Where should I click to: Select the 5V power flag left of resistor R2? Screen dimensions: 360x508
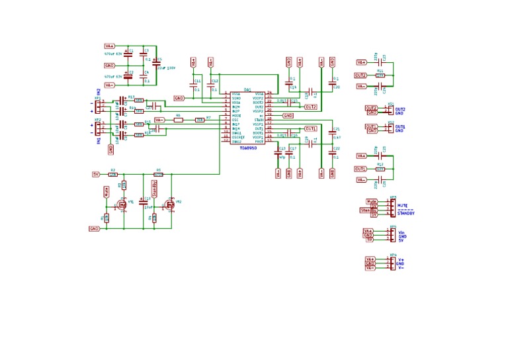[96, 174]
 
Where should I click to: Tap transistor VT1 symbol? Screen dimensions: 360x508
[121, 206]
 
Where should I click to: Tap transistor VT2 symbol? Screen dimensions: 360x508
[170, 205]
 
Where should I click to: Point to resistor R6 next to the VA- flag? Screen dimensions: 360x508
[178, 120]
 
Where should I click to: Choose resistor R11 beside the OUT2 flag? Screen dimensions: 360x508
[380, 75]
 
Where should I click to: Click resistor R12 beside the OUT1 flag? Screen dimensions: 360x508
[380, 169]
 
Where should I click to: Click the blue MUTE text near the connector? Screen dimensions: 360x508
[402, 206]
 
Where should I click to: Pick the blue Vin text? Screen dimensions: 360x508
[402, 232]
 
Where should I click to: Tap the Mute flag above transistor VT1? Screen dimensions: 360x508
[106, 192]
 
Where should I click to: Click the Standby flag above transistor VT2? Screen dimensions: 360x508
[154, 189]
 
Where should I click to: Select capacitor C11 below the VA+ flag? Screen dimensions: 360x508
[194, 85]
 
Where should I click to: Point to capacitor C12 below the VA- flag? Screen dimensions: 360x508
[211, 85]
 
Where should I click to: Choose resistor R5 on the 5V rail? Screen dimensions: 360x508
[158, 174]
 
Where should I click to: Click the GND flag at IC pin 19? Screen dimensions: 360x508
[288, 115]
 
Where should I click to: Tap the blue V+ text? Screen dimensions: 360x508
[401, 259]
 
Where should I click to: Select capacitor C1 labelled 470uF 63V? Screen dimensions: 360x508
[128, 52]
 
